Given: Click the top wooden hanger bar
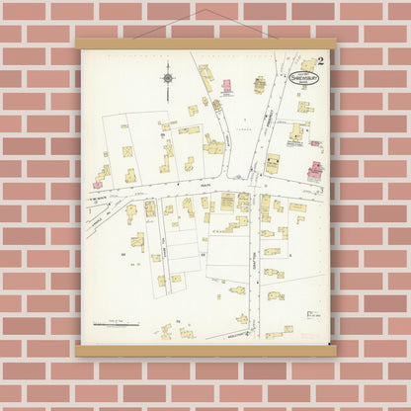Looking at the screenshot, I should pyautogui.click(x=205, y=43).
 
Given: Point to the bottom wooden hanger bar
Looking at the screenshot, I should pyautogui.click(x=205, y=351).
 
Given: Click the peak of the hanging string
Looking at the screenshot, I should pyautogui.click(x=205, y=11).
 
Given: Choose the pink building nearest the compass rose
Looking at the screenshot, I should pyautogui.click(x=226, y=88).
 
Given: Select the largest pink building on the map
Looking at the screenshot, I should pyautogui.click(x=315, y=170).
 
